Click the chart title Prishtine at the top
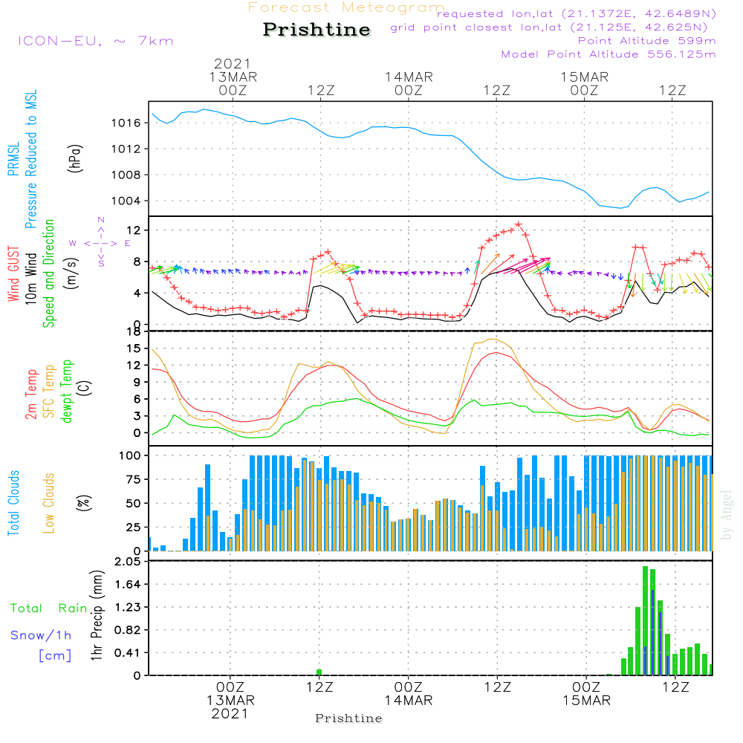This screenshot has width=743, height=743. [317, 30]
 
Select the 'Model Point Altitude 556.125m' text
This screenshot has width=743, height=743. [609, 54]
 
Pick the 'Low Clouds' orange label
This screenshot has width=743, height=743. [49, 503]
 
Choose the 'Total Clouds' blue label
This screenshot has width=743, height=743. [13, 503]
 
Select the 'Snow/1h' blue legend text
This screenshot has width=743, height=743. [42, 635]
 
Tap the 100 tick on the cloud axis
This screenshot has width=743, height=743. [131, 455]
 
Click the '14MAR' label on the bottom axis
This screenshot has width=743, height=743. [408, 701]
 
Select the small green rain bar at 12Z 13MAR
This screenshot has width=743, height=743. [319, 672]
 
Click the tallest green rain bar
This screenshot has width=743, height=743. [645, 620]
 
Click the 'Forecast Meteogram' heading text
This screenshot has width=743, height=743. [346, 8]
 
